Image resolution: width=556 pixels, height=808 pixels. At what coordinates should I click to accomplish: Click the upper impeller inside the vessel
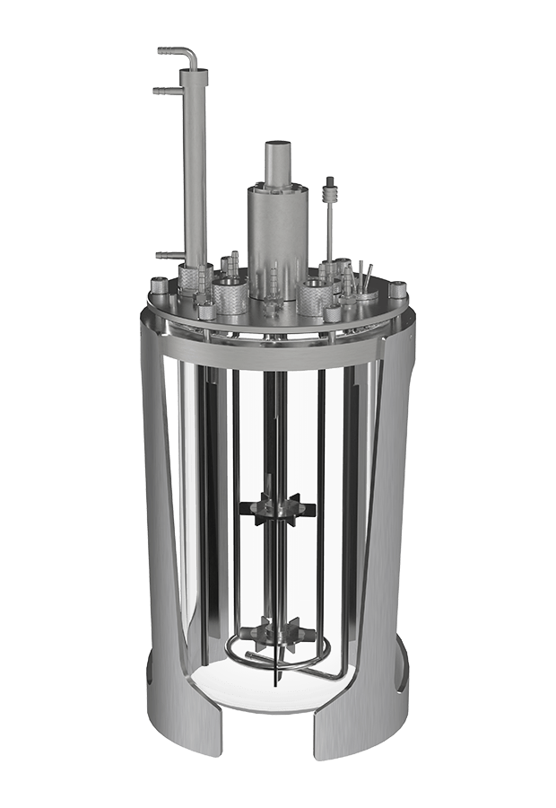click(x=278, y=509)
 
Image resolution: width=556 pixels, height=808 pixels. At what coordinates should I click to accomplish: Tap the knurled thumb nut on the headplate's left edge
click(x=160, y=290)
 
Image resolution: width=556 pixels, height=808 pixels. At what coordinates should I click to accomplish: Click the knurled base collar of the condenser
click(x=192, y=278)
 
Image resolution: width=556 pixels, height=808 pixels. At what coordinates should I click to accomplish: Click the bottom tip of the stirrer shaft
click(x=273, y=687)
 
